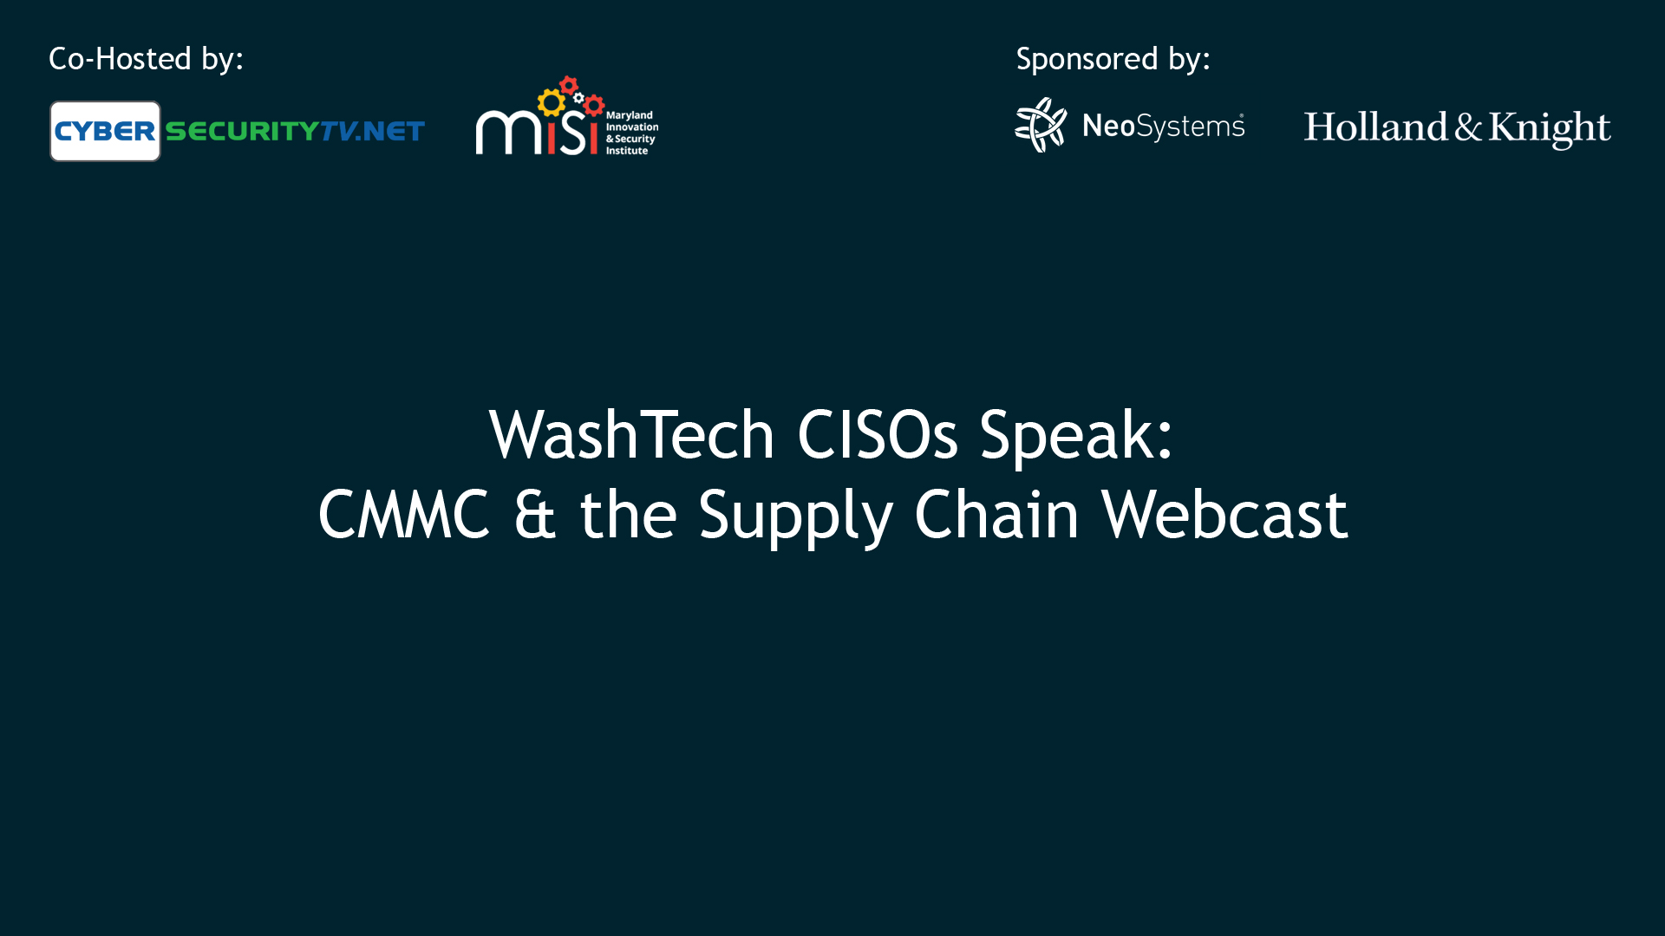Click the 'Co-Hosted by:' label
(x=146, y=59)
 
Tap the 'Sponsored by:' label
(x=1113, y=59)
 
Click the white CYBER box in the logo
(x=105, y=131)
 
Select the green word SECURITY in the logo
(x=242, y=131)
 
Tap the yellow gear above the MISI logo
(x=551, y=103)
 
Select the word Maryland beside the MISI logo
(x=629, y=115)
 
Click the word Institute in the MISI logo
(x=626, y=151)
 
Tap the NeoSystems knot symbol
(x=1041, y=125)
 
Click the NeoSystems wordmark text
(x=1164, y=127)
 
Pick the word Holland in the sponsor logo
(x=1375, y=127)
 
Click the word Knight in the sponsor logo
(x=1550, y=128)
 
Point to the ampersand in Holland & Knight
(x=1468, y=127)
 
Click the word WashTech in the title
(x=631, y=434)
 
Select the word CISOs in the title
(x=878, y=434)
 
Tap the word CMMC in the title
(x=404, y=515)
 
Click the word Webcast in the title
(x=1224, y=515)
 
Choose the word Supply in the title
(x=796, y=517)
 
